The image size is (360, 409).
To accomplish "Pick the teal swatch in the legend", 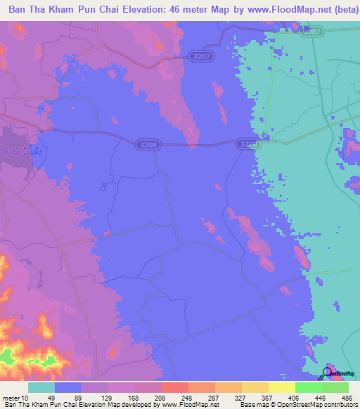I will click(41, 387).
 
